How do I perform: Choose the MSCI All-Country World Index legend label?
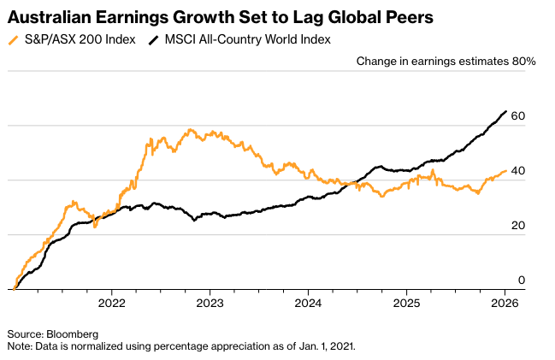(245, 39)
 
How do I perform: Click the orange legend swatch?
(11, 39)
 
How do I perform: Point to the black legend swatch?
(154, 39)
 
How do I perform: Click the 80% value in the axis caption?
(524, 61)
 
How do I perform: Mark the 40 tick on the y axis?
(518, 171)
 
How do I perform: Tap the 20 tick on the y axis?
(518, 226)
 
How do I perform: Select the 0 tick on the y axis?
(522, 280)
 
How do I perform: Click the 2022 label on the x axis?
(112, 302)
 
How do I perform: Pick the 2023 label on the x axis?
(210, 302)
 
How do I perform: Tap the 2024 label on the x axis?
(308, 302)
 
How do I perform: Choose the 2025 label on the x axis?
(406, 302)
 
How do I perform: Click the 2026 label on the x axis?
(505, 302)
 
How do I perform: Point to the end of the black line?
(505, 111)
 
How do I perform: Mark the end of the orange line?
(505, 170)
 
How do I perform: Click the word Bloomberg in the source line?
(71, 333)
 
